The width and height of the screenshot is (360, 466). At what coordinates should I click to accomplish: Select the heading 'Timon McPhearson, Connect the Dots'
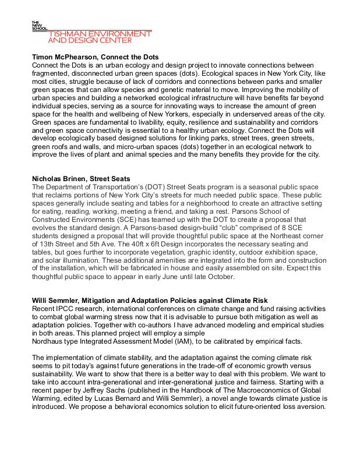point(96,57)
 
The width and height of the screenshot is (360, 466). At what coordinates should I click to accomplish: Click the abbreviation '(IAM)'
point(181,340)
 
